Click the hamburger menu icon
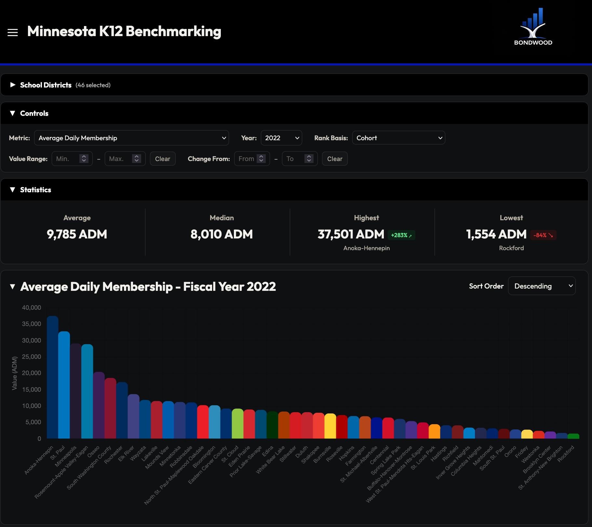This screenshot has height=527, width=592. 13,32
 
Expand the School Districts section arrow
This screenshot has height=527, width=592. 13,85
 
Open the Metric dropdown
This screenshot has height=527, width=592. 131,138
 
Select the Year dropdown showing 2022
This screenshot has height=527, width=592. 281,138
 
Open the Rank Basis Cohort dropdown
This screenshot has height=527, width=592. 398,138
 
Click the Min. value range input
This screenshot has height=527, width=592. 67,159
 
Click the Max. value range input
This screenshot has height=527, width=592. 120,159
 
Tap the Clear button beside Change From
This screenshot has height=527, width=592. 334,159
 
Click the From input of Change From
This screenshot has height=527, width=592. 247,159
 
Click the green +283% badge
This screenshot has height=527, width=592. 401,235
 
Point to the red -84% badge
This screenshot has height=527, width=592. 543,235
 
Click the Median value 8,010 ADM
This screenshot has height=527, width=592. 222,234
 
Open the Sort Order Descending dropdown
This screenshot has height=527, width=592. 542,286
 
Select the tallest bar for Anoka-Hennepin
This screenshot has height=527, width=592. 52,377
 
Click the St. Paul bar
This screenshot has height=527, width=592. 64,385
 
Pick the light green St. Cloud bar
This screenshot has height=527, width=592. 237,424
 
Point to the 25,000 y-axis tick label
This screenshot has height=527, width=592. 32,357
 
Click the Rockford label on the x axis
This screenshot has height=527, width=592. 566,453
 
